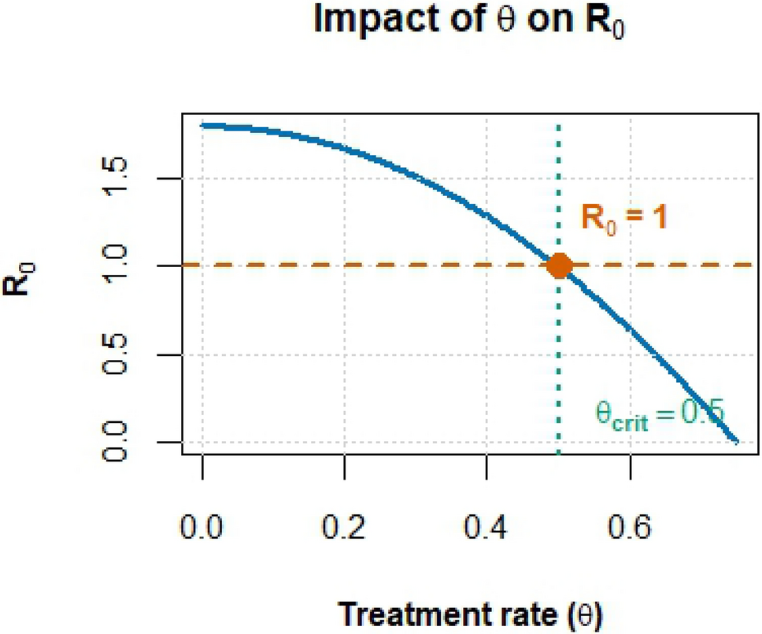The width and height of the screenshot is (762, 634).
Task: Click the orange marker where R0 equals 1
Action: point(558,266)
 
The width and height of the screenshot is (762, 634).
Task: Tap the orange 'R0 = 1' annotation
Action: point(624,217)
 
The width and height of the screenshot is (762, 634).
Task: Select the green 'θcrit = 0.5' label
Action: point(658,415)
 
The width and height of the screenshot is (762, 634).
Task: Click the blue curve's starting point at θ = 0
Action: point(203,125)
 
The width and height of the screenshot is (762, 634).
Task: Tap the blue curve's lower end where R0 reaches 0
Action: point(736,442)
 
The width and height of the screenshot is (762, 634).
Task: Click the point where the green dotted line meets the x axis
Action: point(558,454)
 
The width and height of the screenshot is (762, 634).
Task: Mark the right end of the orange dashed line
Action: point(753,266)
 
